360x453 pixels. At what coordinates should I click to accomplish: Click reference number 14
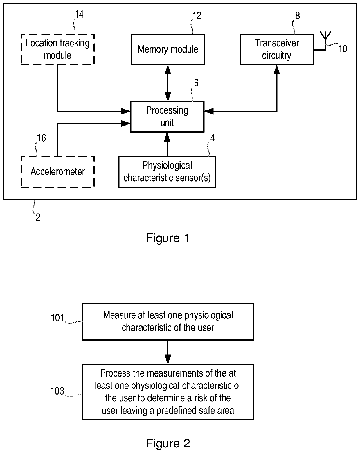pyautogui.click(x=79, y=15)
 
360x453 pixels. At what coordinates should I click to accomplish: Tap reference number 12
pyautogui.click(x=197, y=16)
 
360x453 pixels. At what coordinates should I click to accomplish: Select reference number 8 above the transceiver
pyautogui.click(x=298, y=16)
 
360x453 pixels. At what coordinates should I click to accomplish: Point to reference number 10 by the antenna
pyautogui.click(x=343, y=49)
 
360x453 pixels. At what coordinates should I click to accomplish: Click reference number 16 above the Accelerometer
pyautogui.click(x=42, y=138)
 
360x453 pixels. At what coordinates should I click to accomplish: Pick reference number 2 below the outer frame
pyautogui.click(x=38, y=217)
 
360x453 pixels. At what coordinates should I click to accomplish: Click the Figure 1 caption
pyautogui.click(x=168, y=238)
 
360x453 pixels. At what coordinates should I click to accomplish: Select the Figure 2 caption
pyautogui.click(x=168, y=443)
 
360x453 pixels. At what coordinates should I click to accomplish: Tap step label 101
pyautogui.click(x=57, y=318)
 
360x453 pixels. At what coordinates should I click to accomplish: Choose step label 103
pyautogui.click(x=57, y=391)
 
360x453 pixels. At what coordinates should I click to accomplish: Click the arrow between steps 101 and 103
pyautogui.click(x=168, y=352)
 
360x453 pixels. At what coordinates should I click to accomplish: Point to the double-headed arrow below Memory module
pyautogui.click(x=168, y=83)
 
